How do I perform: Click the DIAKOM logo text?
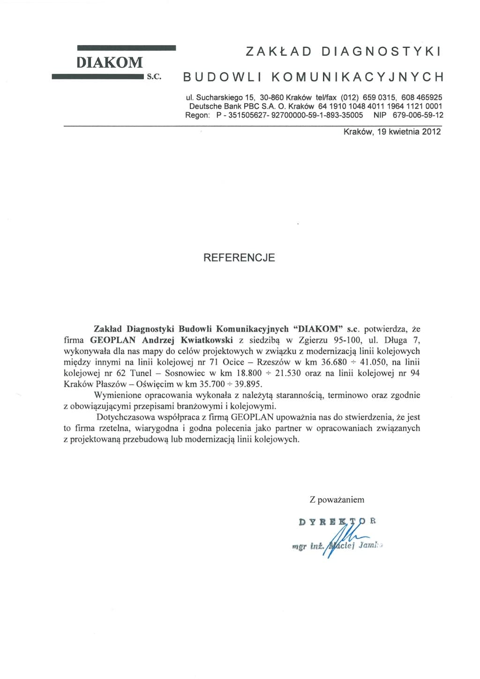110,62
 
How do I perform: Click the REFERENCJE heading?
239,257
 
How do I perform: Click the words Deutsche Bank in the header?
215,106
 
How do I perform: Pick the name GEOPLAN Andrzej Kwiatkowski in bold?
161,340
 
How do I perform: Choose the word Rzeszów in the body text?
270,362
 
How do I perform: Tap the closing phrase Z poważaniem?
337,500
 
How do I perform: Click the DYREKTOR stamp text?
337,521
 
